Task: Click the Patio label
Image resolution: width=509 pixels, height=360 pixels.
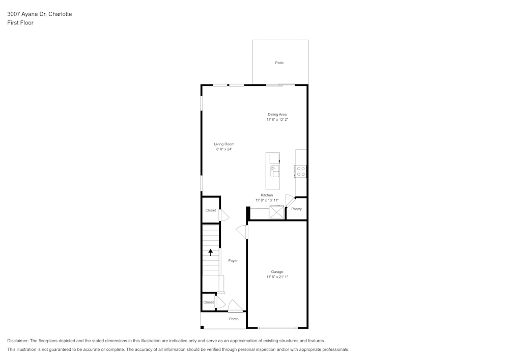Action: click(279, 63)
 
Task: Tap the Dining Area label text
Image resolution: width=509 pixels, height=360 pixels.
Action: click(277, 115)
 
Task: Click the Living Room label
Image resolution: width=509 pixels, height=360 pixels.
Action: click(224, 144)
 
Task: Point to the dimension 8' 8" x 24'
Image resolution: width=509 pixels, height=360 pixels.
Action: click(224, 150)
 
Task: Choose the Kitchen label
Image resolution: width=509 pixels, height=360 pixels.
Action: click(267, 195)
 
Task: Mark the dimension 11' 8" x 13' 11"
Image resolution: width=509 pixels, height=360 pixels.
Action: click(267, 201)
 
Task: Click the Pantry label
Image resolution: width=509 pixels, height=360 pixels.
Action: click(296, 209)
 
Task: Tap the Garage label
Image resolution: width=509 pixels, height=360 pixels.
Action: click(277, 272)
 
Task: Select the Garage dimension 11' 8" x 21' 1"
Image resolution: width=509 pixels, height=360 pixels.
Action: click(277, 278)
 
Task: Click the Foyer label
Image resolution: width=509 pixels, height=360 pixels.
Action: click(233, 261)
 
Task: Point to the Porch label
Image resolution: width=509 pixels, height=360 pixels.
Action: click(234, 319)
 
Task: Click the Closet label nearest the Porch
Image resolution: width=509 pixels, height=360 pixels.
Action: click(209, 302)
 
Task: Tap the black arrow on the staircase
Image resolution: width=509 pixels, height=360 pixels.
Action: click(211, 252)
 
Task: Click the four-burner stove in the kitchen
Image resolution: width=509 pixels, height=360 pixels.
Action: click(301, 172)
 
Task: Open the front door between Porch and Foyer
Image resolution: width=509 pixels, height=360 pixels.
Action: click(235, 308)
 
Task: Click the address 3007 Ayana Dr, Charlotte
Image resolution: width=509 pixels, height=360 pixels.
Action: click(39, 14)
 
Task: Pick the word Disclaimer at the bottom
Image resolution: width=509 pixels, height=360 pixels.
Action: click(18, 341)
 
